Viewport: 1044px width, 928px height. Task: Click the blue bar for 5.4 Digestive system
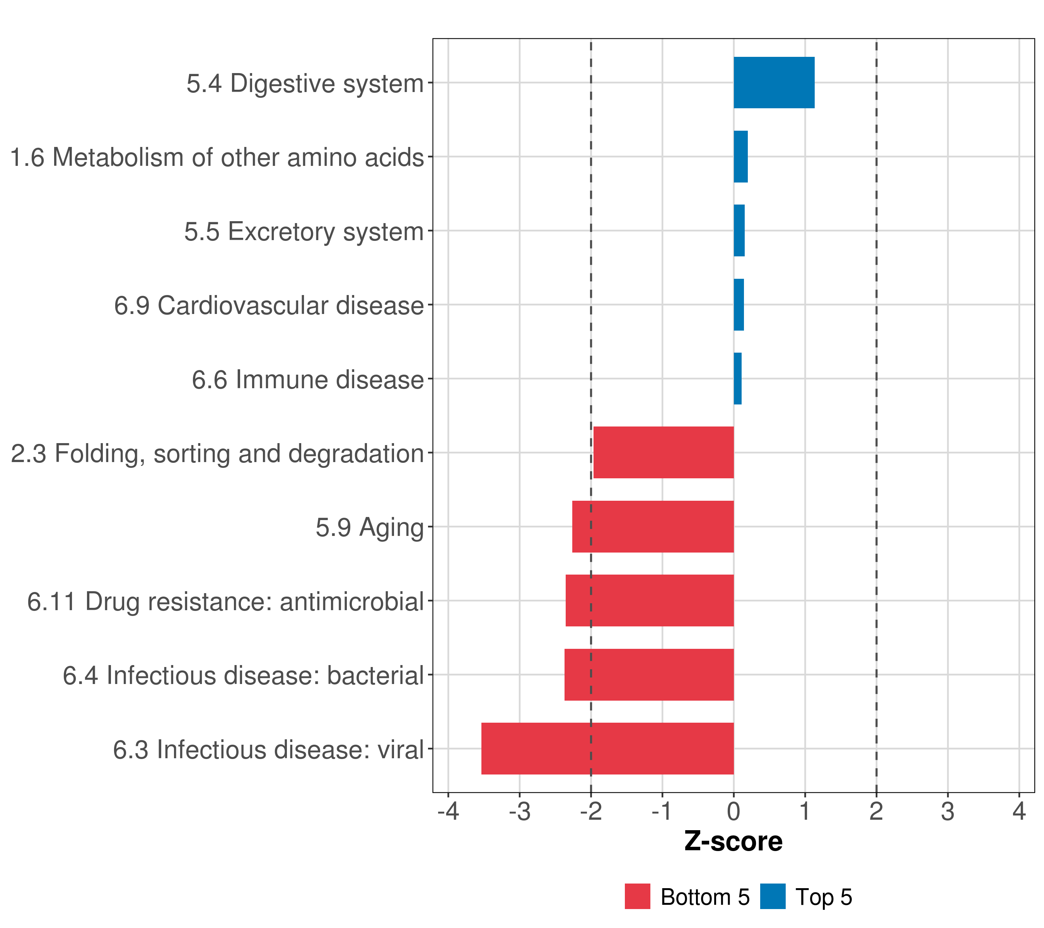774,83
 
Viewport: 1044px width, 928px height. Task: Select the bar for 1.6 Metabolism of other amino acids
740,157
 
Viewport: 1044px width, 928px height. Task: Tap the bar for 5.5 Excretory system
739,231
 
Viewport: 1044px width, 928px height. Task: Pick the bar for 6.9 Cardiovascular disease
739,305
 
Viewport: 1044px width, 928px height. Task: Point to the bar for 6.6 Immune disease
737,379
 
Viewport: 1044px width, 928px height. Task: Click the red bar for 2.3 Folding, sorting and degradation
664,452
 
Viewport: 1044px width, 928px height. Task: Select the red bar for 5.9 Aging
653,527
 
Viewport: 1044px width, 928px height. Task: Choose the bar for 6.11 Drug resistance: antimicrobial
650,600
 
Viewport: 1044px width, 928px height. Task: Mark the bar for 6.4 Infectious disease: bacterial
649,675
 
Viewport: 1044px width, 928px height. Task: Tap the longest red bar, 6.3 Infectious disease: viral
607,749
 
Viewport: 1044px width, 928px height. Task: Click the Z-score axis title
733,842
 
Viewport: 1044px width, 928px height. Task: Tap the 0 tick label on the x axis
734,812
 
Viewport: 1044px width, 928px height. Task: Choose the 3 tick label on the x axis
947,812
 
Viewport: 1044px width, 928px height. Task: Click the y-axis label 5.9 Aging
369,527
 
